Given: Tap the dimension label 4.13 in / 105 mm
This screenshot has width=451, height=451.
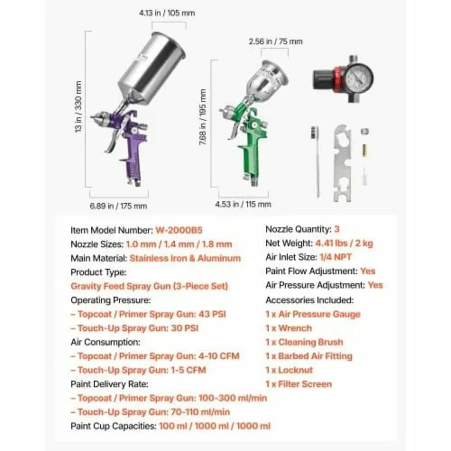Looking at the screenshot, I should tap(167, 13).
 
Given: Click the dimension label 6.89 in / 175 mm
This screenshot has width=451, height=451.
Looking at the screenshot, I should tap(118, 206).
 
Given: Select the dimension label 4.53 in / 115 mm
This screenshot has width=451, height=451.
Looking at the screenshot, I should tap(243, 204).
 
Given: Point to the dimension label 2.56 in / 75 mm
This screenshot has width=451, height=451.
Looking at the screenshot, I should tap(275, 41).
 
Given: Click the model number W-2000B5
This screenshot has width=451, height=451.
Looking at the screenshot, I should tap(179, 230).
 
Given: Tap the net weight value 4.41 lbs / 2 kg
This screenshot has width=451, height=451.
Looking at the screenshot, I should tap(344, 243).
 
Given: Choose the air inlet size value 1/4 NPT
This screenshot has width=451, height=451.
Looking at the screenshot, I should tap(336, 257).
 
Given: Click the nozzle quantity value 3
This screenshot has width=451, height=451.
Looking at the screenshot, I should tap(337, 229).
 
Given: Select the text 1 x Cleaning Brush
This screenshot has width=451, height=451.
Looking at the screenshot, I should tap(304, 342).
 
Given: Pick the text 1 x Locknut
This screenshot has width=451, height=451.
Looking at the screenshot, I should tap(289, 370).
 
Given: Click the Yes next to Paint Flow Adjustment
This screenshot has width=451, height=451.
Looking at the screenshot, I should tap(368, 271).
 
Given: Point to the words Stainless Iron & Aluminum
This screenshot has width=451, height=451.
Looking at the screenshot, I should tap(185, 258).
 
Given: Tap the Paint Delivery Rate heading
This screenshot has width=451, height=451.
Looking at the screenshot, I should tap(109, 384).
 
